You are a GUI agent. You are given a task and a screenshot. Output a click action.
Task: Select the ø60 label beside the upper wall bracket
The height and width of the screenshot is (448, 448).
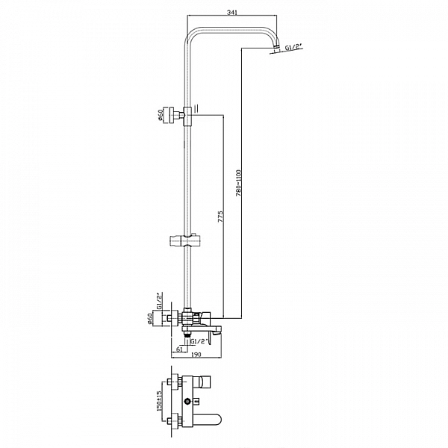160,115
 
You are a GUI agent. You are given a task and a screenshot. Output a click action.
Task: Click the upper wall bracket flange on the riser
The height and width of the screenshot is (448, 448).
173,116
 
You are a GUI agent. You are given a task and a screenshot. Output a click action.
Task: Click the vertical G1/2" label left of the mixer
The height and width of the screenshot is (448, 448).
159,302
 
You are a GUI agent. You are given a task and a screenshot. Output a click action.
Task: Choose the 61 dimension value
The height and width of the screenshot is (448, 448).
180,348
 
